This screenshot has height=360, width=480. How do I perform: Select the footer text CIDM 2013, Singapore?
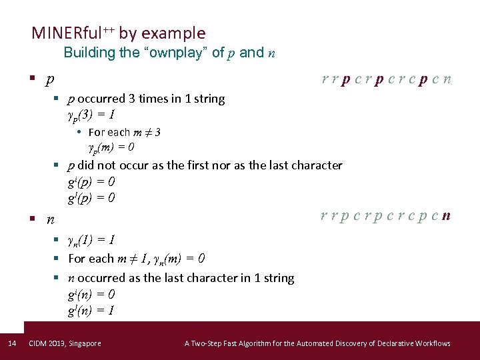(x=65, y=343)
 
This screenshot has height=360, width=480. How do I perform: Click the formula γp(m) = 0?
(x=112, y=147)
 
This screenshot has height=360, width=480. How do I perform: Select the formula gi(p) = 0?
(x=91, y=181)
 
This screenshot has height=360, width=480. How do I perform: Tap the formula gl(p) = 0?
(x=91, y=198)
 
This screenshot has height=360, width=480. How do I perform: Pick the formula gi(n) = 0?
(x=91, y=293)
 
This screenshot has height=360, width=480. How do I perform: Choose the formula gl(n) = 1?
(x=91, y=310)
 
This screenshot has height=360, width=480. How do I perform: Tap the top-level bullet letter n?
(x=50, y=219)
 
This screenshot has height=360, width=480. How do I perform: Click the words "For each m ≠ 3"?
(x=124, y=132)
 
